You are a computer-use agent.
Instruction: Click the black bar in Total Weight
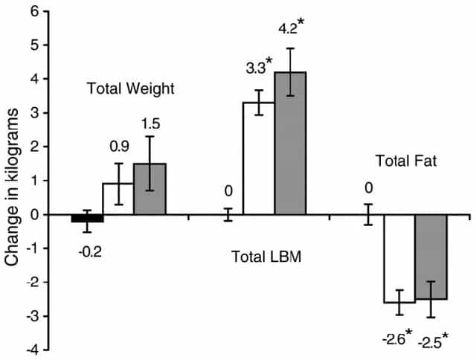87,218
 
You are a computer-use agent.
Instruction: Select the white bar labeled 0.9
118,199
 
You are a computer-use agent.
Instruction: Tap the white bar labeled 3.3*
259,158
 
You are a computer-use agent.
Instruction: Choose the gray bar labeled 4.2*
290,143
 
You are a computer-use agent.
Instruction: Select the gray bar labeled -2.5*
430,257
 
